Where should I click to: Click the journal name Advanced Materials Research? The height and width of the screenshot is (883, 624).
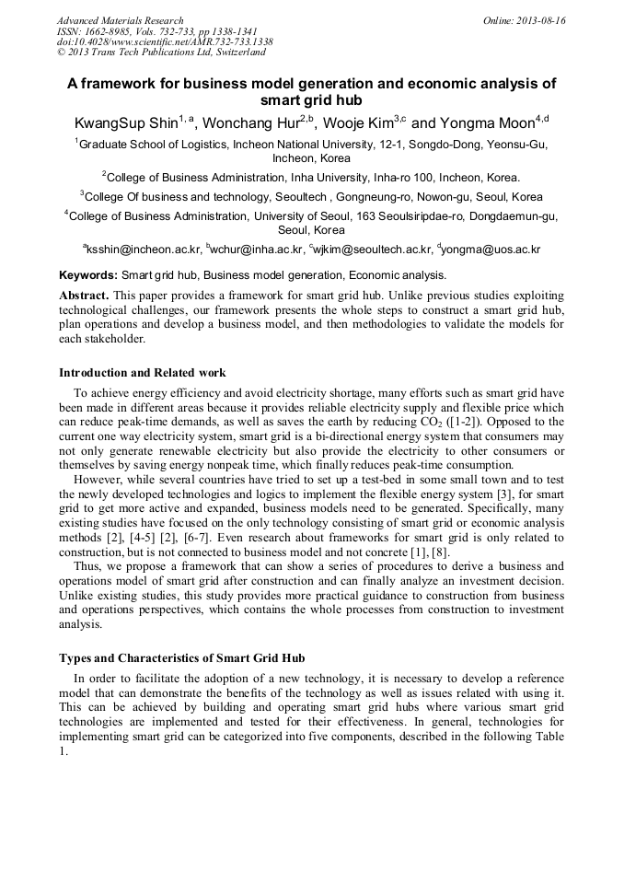(120, 20)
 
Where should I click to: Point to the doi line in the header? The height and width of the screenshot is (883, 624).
(165, 42)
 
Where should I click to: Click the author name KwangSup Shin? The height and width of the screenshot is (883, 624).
(125, 122)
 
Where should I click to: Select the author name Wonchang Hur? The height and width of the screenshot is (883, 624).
(250, 122)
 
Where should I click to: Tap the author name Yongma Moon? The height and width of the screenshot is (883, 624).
(489, 122)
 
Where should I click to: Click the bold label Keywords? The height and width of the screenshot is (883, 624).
(88, 274)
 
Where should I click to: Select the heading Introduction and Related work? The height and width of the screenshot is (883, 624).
(142, 373)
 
